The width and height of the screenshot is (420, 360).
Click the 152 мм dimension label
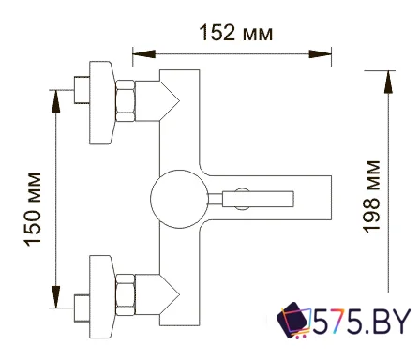tap(236, 34)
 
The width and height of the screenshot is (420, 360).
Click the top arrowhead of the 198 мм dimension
tap(387, 75)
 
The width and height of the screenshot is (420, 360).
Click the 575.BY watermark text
tap(364, 323)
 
